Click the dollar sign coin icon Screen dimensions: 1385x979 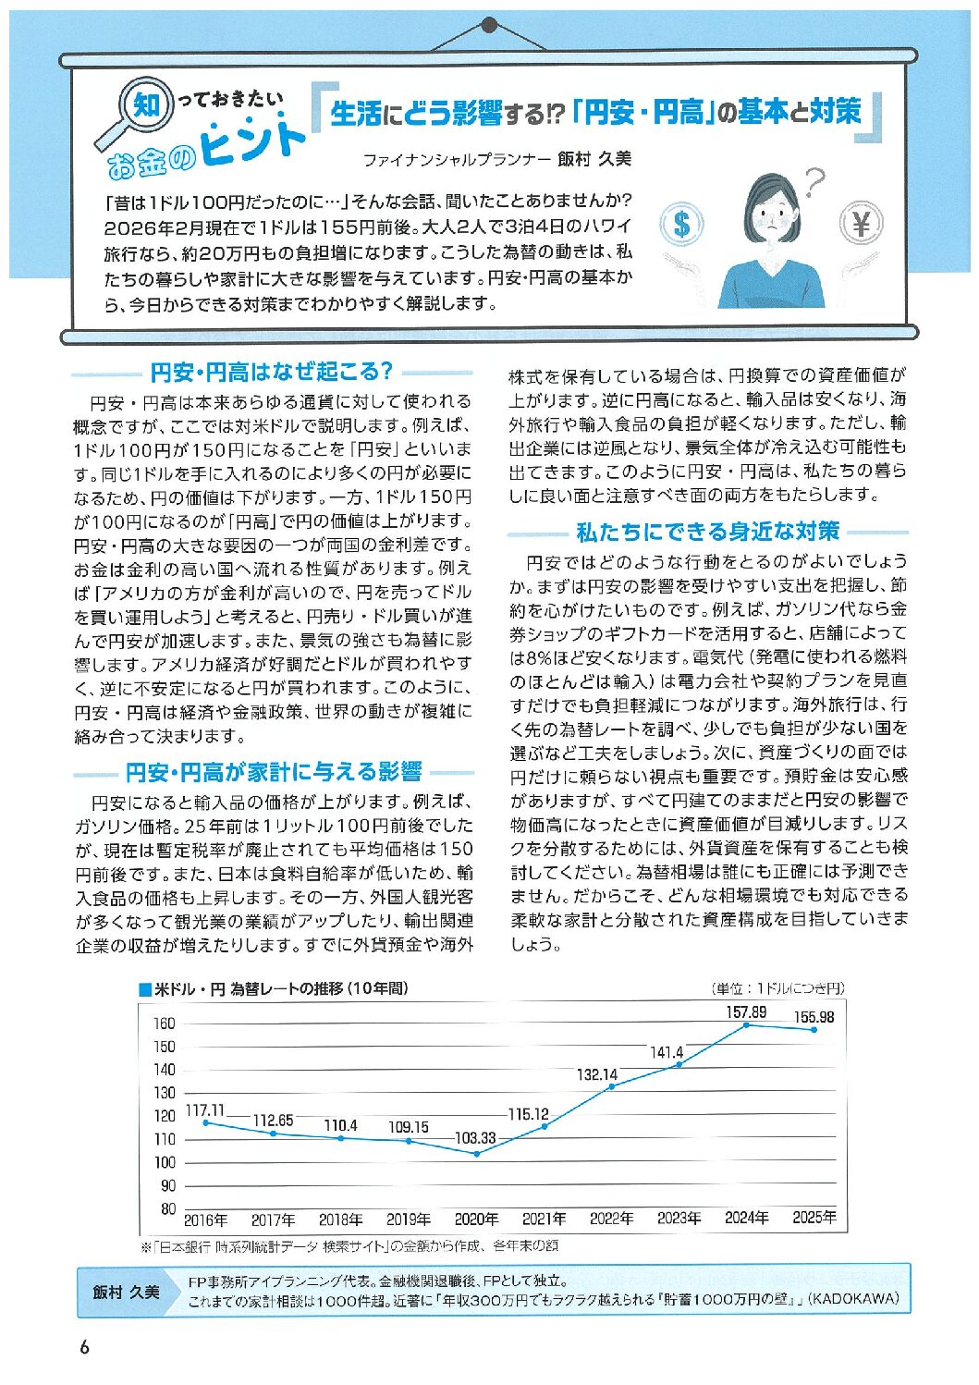coord(682,224)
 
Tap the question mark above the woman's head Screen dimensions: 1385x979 coord(814,181)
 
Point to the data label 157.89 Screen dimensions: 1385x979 coord(746,1012)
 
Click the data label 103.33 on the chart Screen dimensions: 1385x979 coord(475,1138)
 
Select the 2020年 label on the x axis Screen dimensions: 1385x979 coord(476,1219)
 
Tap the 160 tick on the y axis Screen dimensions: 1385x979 coord(165,1023)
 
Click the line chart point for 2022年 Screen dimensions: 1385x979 coord(611,1086)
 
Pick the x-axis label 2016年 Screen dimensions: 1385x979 coord(205,1220)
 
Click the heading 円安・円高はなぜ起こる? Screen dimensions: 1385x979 coord(272,373)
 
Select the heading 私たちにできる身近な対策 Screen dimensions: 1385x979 coord(707,532)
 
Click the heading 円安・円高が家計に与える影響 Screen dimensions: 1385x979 coord(274,771)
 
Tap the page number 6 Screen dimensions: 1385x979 coord(84,1347)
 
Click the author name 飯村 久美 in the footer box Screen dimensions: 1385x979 coord(126,1292)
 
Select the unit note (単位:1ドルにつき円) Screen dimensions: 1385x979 coord(777,988)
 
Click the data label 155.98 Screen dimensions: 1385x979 coord(814,1017)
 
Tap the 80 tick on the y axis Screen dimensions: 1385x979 coord(167,1208)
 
